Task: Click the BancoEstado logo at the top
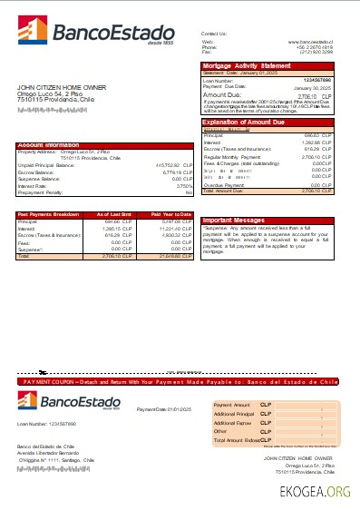click(x=69, y=35)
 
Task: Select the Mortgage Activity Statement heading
click(x=247, y=66)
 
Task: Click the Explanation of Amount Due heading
click(x=243, y=122)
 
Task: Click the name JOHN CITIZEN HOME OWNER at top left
click(x=54, y=87)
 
